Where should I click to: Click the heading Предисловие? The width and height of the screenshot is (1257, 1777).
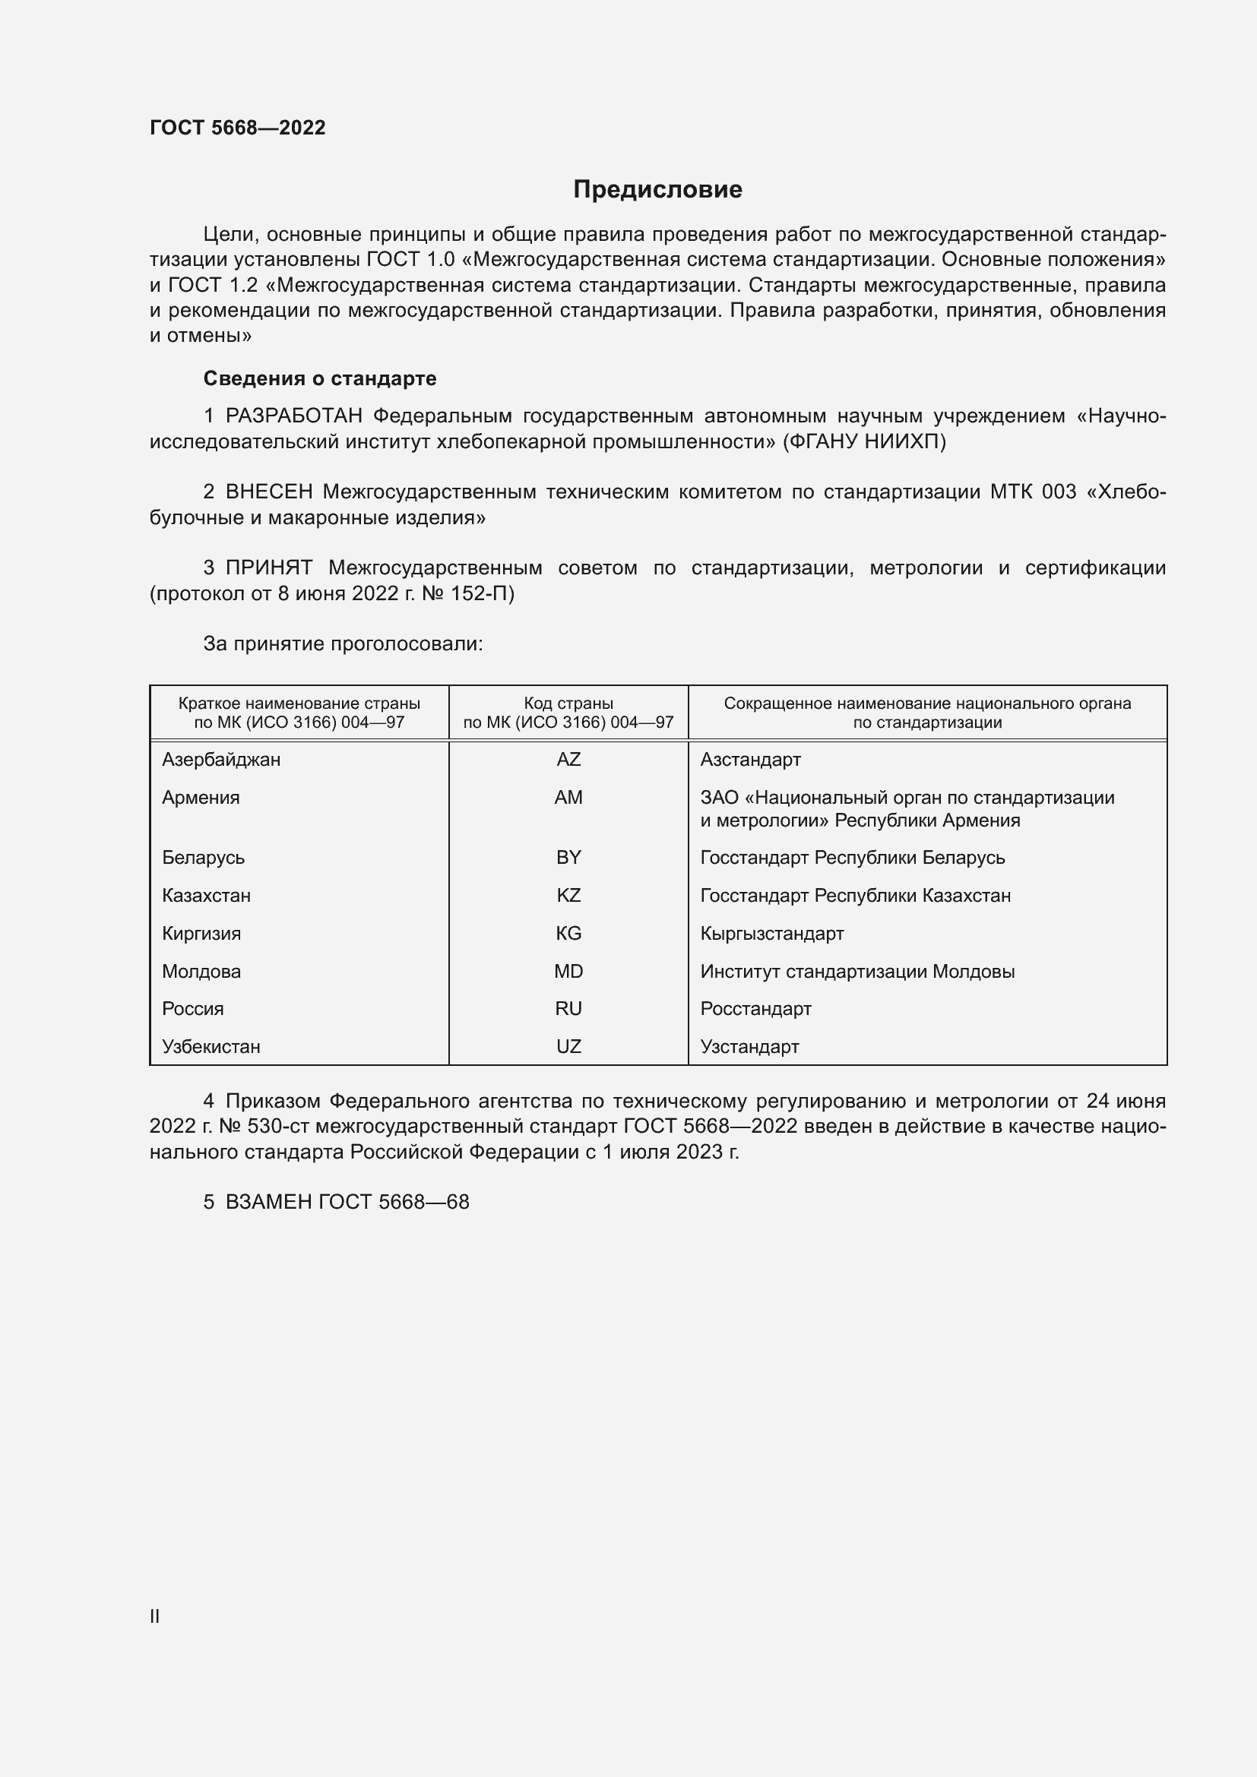coord(657,190)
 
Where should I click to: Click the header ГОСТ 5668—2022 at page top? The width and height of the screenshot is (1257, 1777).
coord(238,128)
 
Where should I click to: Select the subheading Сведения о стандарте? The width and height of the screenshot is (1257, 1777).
coord(320,378)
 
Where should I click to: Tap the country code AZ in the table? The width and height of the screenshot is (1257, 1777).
coord(568,759)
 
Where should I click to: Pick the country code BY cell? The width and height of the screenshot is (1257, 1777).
coord(568,858)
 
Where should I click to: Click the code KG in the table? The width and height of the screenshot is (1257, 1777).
coord(568,934)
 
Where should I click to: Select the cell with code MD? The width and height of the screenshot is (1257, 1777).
coord(568,972)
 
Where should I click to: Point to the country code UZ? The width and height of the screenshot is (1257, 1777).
coord(568,1046)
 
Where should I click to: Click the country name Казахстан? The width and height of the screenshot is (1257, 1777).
coord(206,896)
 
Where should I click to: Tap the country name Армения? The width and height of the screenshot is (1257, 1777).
coord(201,797)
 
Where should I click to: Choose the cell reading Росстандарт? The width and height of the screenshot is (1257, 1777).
coord(755,1008)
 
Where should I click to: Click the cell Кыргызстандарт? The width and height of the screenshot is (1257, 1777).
coord(771,934)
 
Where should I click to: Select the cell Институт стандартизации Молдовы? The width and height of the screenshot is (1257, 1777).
coord(856,972)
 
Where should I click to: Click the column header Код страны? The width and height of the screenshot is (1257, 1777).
coord(568,704)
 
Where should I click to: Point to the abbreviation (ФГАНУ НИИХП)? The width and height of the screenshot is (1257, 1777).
coord(864,442)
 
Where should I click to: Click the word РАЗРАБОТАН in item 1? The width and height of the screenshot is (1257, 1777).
coord(293,416)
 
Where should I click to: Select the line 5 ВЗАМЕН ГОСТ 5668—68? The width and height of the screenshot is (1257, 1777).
coord(336,1202)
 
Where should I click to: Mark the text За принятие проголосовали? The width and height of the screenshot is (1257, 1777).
coord(343,644)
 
